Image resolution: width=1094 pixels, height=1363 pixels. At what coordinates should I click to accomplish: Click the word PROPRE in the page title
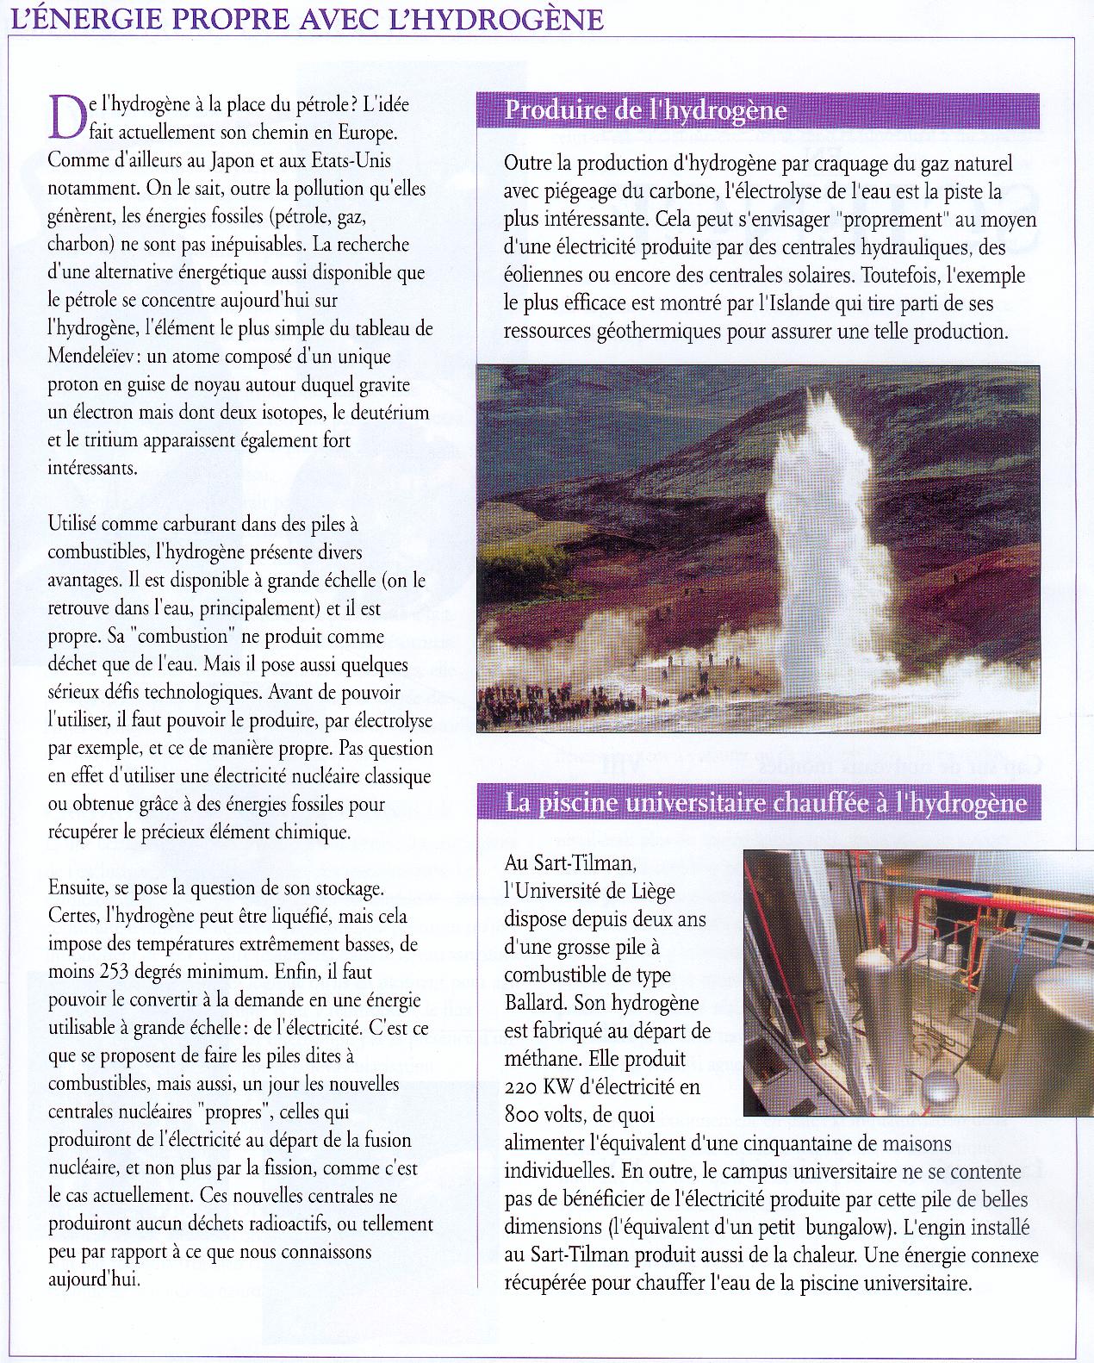[225, 18]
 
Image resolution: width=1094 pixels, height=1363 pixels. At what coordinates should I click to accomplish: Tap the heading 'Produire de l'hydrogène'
[645, 110]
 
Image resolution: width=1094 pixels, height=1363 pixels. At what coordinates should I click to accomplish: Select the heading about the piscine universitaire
[766, 803]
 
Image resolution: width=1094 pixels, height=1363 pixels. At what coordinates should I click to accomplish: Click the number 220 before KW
[522, 1087]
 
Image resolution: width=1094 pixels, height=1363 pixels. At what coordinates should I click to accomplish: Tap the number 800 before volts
[523, 1116]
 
